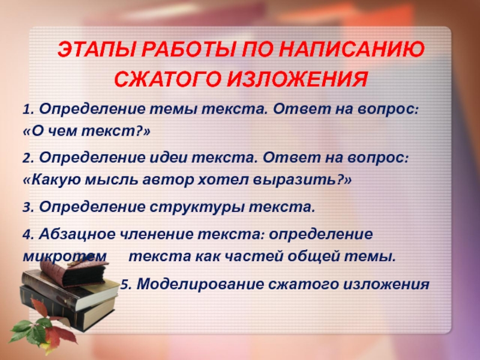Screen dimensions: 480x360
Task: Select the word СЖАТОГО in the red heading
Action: point(168,80)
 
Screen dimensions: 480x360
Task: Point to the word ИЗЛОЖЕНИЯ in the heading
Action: point(297,80)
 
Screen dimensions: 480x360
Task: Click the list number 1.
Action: point(28,110)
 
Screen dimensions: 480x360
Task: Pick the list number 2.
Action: point(28,158)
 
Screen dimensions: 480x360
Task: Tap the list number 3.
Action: point(28,208)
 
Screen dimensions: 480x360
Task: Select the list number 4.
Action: point(28,235)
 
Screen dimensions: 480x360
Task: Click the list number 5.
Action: point(126,284)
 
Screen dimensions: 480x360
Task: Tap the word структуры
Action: point(197,208)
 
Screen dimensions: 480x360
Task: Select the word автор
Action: point(168,180)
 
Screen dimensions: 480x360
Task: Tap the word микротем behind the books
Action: point(65,257)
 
